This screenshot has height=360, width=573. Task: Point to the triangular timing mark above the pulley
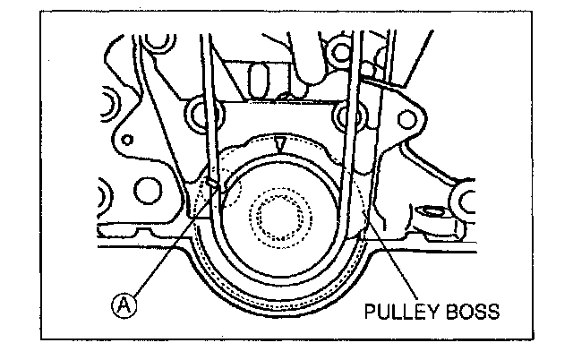282,142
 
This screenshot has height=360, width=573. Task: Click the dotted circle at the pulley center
283,216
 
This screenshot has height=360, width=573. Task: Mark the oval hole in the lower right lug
432,214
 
